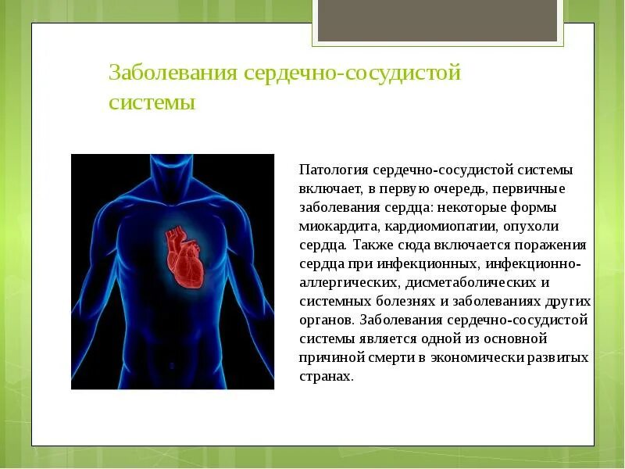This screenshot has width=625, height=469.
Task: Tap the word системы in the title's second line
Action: click(152, 102)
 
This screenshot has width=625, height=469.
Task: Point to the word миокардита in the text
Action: click(337, 227)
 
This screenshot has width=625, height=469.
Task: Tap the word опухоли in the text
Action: click(532, 227)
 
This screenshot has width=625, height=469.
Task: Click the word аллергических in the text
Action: click(342, 283)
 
